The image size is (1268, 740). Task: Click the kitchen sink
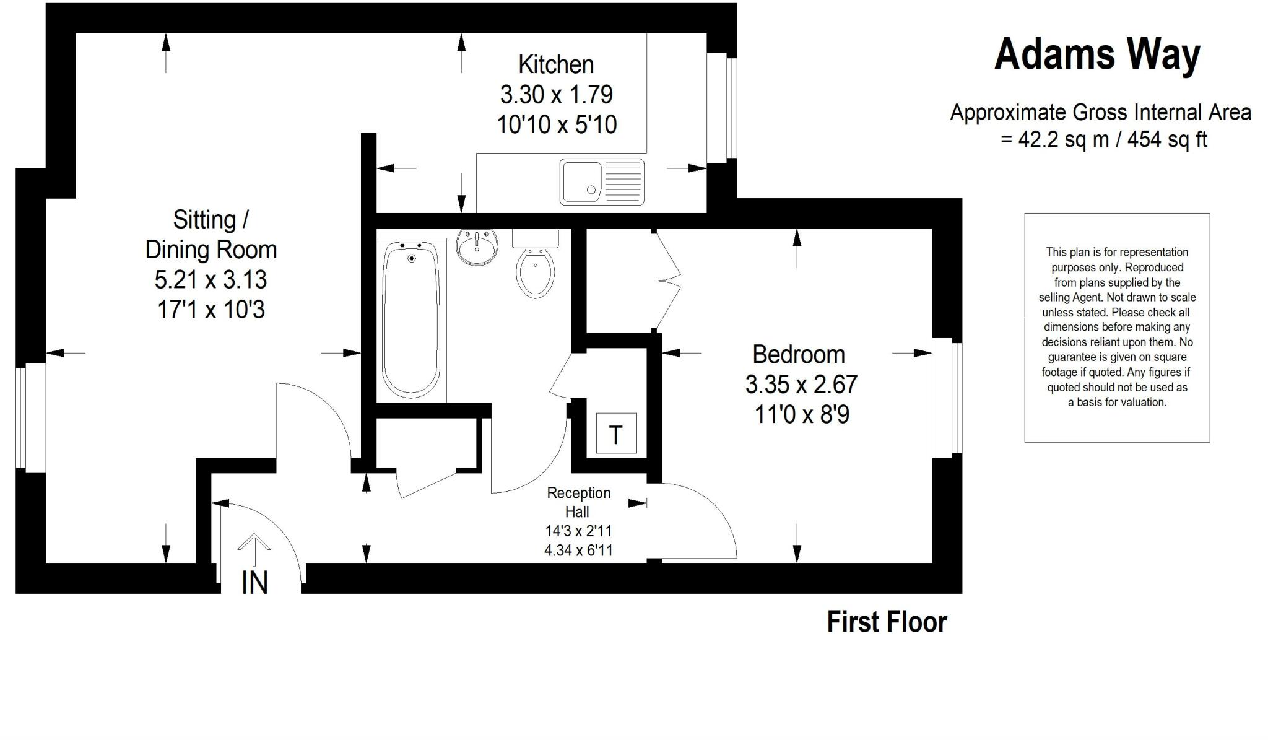602,182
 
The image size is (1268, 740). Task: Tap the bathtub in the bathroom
411,318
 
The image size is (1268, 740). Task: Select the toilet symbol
536,266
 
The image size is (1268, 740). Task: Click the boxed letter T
616,433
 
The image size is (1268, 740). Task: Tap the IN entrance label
254,583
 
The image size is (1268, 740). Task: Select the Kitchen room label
556,64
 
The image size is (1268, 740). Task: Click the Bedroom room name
799,354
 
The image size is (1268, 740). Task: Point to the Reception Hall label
578,502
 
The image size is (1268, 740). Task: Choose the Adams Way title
1097,54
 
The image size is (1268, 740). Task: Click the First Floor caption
887,622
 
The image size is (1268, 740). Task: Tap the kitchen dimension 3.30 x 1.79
556,95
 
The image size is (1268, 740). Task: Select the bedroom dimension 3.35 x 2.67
801,385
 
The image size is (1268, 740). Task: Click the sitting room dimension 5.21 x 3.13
211,279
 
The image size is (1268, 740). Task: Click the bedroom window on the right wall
947,398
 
